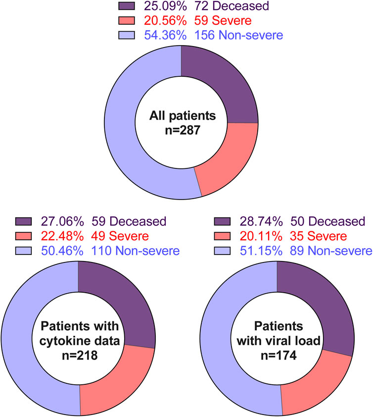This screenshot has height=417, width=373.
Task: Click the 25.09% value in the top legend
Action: coord(165,6)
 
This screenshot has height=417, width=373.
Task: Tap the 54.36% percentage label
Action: coord(165,35)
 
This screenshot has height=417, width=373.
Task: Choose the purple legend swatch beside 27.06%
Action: coord(23,221)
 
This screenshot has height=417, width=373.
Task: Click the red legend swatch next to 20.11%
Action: coord(222,236)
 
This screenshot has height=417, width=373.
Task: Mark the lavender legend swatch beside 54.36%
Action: coord(127,35)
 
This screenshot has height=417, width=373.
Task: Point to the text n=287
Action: coord(183,130)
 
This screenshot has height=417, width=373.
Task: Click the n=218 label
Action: coord(80,355)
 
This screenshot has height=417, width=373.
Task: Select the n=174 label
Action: coord(279,355)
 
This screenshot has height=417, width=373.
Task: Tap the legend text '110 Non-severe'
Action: coord(136,251)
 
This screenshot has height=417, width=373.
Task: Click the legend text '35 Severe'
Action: coord(318,236)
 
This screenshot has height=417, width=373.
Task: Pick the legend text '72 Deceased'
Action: coord(232,6)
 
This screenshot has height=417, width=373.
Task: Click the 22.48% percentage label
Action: coord(62,236)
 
